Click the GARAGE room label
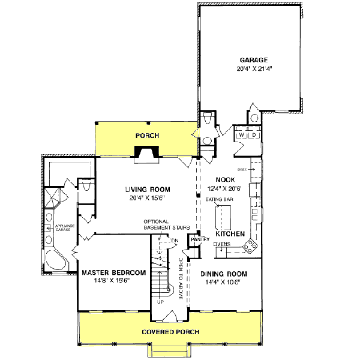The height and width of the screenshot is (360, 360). [253, 59]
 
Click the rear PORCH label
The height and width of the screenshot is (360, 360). [147, 136]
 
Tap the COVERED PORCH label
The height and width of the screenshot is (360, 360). [170, 332]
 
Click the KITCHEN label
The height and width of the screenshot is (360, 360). [229, 233]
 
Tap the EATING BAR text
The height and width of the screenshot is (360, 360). [219, 199]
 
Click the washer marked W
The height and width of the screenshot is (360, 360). [242, 136]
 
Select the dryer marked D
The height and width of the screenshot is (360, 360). [254, 136]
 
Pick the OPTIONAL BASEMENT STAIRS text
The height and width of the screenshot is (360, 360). [167, 225]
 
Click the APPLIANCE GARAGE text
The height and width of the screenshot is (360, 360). [64, 229]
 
